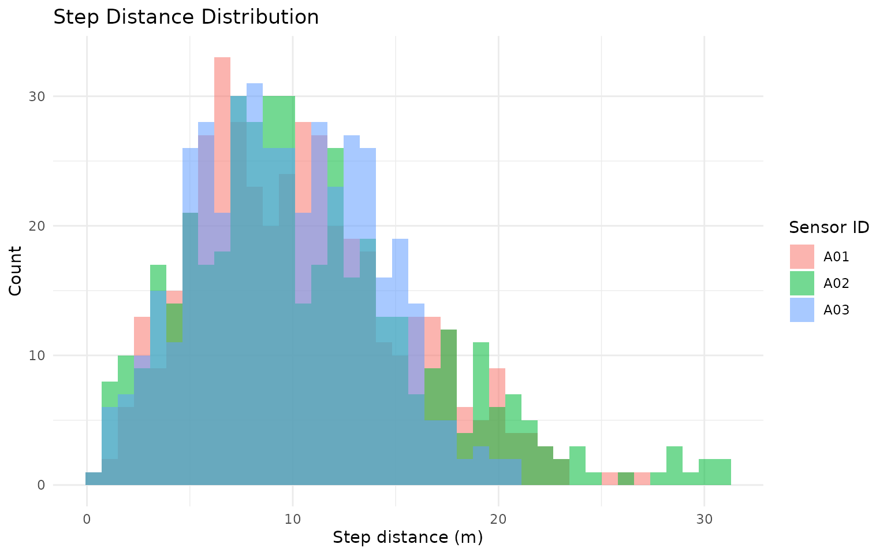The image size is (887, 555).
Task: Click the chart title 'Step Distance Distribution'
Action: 186,17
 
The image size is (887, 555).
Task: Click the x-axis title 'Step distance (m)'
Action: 408,537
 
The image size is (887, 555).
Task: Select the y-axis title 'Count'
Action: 16,271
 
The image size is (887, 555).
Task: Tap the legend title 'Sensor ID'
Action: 829,227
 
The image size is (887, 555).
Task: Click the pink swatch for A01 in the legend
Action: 802,257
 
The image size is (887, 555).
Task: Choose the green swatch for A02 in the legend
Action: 802,283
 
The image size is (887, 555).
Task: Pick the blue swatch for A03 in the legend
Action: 802,310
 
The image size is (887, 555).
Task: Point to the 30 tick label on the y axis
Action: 38,96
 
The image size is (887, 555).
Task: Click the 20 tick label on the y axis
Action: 38,225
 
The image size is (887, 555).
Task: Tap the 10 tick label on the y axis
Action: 38,355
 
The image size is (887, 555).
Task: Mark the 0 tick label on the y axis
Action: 41,485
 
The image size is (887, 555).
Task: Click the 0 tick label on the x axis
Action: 87,519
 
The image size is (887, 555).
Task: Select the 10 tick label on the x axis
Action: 293,519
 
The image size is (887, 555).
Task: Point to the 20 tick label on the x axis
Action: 498,519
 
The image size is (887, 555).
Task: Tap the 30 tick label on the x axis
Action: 704,519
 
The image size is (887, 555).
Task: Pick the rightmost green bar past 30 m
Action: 722,472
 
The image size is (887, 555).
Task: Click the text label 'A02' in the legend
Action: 836,283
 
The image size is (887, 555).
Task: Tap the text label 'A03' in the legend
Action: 836,310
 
